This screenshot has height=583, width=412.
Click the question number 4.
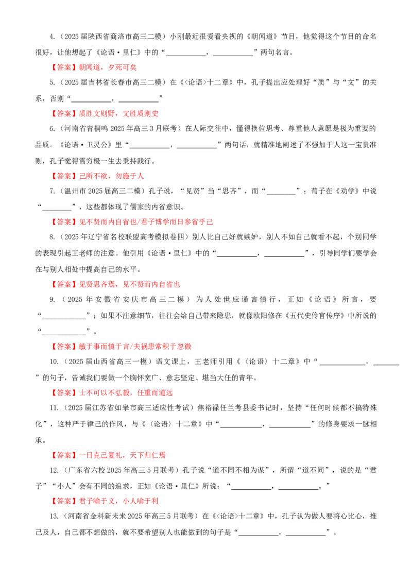point(52,37)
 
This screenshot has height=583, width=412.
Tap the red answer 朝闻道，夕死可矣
point(108,67)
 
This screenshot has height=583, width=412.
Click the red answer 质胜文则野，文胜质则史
point(118,113)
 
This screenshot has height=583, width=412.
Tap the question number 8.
point(52,237)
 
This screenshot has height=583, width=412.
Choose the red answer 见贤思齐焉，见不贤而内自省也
point(129,284)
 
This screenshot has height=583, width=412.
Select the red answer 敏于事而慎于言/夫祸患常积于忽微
point(135,347)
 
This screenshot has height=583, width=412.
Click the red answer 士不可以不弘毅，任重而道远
point(126,392)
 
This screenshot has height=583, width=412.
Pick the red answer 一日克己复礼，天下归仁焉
point(123,455)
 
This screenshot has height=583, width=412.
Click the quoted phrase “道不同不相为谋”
point(237,470)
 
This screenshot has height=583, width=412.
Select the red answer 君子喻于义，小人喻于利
point(118,501)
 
